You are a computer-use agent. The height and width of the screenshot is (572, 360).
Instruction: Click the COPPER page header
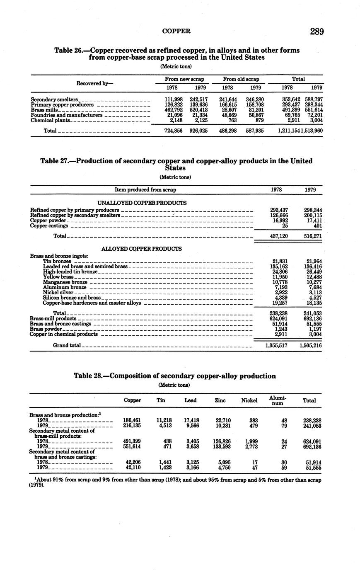point(176,31)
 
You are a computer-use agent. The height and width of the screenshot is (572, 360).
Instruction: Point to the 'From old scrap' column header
point(241,79)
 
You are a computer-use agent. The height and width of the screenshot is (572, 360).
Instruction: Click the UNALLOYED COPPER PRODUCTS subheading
point(142,203)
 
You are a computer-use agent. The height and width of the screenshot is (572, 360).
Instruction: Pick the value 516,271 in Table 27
point(313,236)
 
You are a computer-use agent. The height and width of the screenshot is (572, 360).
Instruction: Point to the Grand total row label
point(67,345)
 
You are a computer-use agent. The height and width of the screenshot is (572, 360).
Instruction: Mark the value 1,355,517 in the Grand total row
point(276,345)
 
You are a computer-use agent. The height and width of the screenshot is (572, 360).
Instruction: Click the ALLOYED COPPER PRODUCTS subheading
point(142,249)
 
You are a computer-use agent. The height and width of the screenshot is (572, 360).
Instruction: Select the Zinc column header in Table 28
point(220,400)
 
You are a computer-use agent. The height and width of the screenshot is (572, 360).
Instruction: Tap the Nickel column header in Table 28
point(249,400)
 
